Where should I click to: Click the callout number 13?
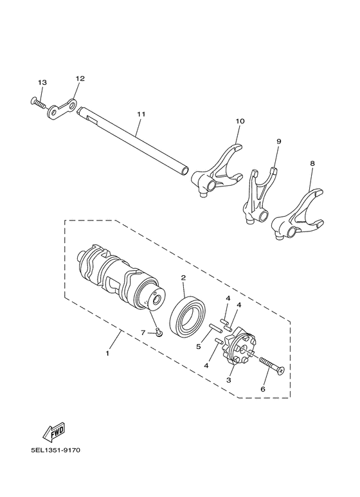42,82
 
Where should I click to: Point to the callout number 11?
141,114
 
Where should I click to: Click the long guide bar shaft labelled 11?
135,141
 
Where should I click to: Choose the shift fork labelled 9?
260,194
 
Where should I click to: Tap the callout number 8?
312,164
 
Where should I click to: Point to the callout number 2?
165,278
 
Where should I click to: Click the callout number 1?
107,354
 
